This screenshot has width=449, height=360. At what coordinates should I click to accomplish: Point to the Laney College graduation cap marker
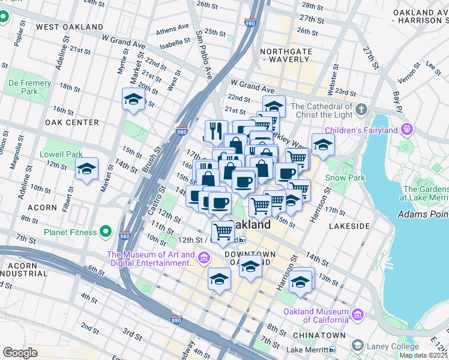point(358,346)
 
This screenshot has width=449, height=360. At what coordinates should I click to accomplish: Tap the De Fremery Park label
point(23,86)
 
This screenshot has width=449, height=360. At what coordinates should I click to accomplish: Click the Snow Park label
point(345,178)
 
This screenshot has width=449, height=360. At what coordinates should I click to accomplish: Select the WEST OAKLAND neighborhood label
point(70,27)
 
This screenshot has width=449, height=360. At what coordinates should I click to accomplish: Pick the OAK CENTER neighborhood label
point(71,122)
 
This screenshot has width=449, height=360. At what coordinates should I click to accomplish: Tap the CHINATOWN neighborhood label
point(319,335)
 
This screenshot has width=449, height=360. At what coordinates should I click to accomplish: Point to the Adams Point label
point(423,214)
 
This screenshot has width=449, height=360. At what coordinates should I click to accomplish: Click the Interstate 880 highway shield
point(176,319)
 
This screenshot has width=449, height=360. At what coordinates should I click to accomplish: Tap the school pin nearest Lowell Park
point(87,170)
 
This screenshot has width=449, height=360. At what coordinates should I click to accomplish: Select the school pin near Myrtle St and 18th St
point(133,100)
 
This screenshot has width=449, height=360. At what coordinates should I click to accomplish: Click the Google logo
point(20,353)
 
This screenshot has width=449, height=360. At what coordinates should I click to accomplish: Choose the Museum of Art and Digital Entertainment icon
point(204,259)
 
